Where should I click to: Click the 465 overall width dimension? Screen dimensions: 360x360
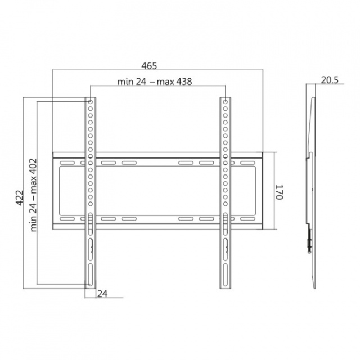149,66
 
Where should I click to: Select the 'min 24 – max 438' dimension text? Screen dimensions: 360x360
155,82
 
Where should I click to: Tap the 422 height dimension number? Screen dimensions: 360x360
20,197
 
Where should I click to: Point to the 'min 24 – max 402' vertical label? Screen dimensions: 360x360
34,195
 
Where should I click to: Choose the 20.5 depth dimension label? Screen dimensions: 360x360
330,80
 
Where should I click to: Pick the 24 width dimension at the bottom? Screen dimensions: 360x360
102,294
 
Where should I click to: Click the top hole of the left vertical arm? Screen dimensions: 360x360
90,102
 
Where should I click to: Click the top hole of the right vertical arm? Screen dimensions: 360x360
226,102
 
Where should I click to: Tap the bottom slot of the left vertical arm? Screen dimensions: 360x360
91,274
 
